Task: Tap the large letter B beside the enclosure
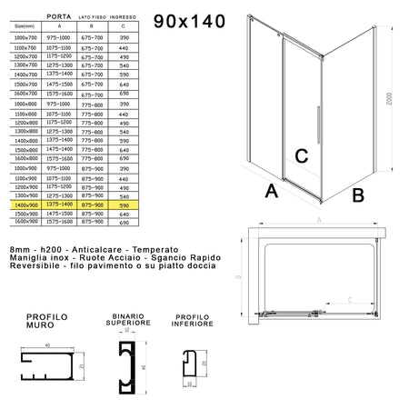[x=357, y=194]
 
